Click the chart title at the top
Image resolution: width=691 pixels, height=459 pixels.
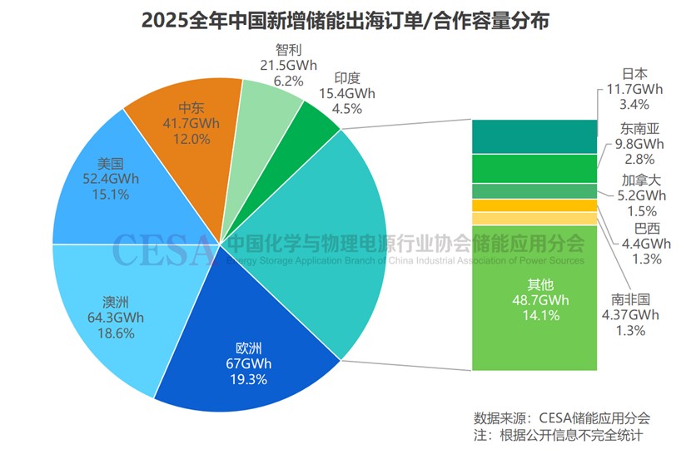click(x=345, y=20)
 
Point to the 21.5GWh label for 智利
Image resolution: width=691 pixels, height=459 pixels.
click(x=289, y=65)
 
